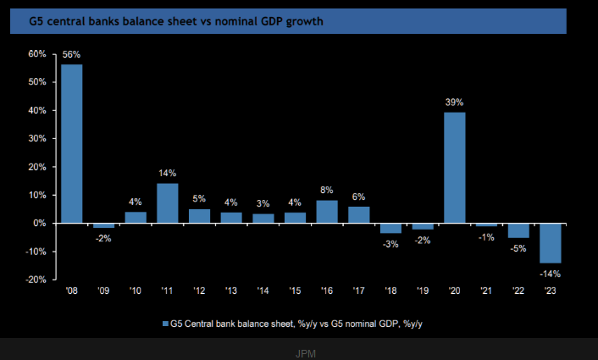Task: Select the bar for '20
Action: tap(455, 168)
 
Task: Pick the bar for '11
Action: tap(168, 203)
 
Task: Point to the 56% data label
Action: tap(71, 55)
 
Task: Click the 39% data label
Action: tap(455, 102)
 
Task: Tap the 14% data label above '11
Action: tap(168, 174)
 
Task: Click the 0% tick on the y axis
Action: tap(40, 224)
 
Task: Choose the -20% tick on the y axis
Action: tap(36, 280)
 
